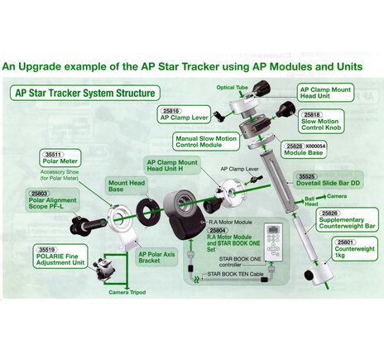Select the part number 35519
pyautogui.click(x=46, y=248)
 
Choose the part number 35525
pyautogui.click(x=308, y=176)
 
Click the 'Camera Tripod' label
pyautogui.click(x=128, y=292)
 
